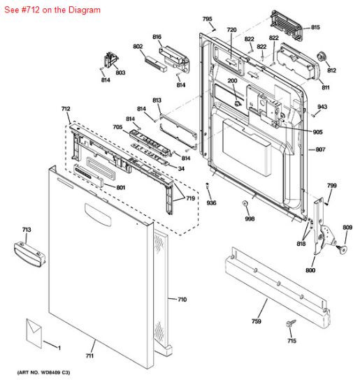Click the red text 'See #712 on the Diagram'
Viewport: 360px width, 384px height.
click(x=52, y=10)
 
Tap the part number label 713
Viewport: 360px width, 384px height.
click(x=27, y=230)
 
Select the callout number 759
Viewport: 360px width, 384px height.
click(x=257, y=323)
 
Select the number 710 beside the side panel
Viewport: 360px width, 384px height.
click(x=181, y=300)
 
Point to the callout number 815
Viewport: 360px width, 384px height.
click(x=315, y=27)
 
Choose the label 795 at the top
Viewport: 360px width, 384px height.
click(x=207, y=19)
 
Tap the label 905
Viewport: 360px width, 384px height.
click(x=317, y=132)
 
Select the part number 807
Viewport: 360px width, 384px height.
click(x=320, y=149)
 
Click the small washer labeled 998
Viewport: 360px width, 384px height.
click(x=245, y=203)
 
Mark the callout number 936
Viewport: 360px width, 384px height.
click(x=210, y=202)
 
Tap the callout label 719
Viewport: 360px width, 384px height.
click(x=190, y=198)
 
